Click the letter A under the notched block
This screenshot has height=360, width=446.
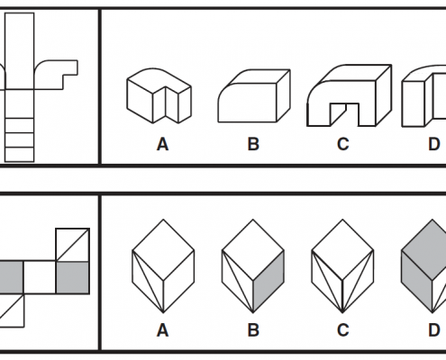(162, 144)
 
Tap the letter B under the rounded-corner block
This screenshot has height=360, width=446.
(253, 144)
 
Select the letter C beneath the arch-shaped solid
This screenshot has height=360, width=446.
(343, 144)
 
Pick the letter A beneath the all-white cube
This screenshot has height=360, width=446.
(162, 330)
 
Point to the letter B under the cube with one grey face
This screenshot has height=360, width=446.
(253, 330)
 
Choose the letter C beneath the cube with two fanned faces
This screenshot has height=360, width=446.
(343, 330)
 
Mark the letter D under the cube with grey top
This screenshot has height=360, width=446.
(434, 330)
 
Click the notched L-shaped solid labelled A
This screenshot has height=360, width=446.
(159, 95)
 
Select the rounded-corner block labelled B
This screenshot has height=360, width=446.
(254, 95)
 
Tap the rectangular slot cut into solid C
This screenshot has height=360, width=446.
(344, 113)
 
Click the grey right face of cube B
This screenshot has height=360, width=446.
(269, 282)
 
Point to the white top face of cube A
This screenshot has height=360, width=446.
(163, 250)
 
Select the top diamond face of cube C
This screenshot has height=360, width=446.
(342, 250)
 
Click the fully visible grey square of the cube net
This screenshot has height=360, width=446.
(72, 277)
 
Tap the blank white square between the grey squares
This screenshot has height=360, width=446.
(40, 277)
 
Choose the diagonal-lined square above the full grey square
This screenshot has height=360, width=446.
(72, 245)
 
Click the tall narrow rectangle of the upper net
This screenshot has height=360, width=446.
(20, 50)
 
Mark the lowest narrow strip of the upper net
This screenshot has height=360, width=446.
(20, 155)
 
